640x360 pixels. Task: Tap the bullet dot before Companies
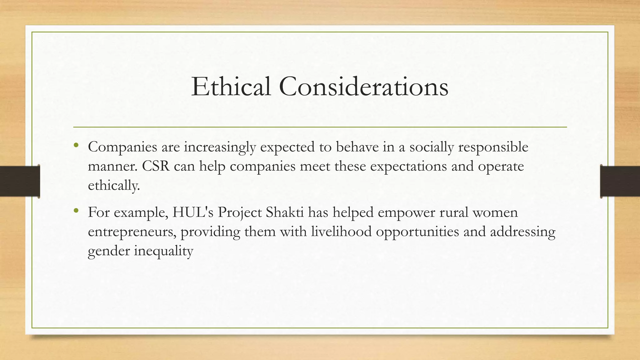click(76, 145)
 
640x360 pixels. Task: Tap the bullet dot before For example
click(76, 211)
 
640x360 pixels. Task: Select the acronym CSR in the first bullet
click(156, 166)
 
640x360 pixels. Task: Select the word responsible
click(493, 147)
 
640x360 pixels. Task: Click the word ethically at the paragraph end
click(113, 186)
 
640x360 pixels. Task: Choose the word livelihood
click(341, 232)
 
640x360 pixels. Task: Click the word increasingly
click(220, 147)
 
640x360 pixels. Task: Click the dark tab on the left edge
click(20, 181)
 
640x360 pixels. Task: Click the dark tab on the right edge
click(620, 181)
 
